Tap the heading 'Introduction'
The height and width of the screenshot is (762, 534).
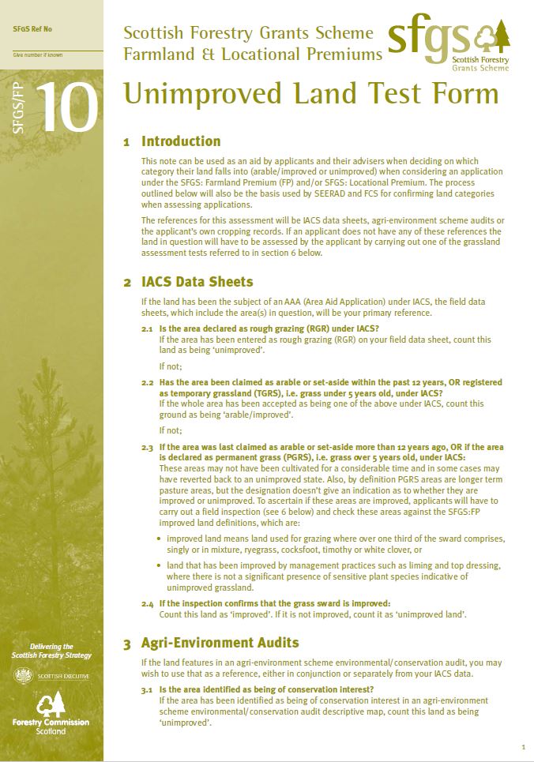click(x=180, y=141)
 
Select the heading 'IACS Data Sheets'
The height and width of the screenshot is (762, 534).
click(x=197, y=282)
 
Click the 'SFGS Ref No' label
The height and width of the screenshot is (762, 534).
click(x=33, y=29)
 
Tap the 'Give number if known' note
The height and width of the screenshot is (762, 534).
click(x=37, y=55)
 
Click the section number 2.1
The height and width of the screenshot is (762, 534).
click(x=147, y=328)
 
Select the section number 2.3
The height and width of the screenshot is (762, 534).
click(x=147, y=448)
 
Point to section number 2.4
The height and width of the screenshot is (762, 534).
click(x=147, y=604)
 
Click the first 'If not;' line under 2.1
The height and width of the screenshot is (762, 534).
click(x=171, y=366)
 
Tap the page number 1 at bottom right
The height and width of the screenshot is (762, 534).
click(x=523, y=746)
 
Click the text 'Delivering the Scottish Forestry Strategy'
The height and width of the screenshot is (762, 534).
click(x=51, y=651)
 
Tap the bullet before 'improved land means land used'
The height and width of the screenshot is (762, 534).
click(x=160, y=538)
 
